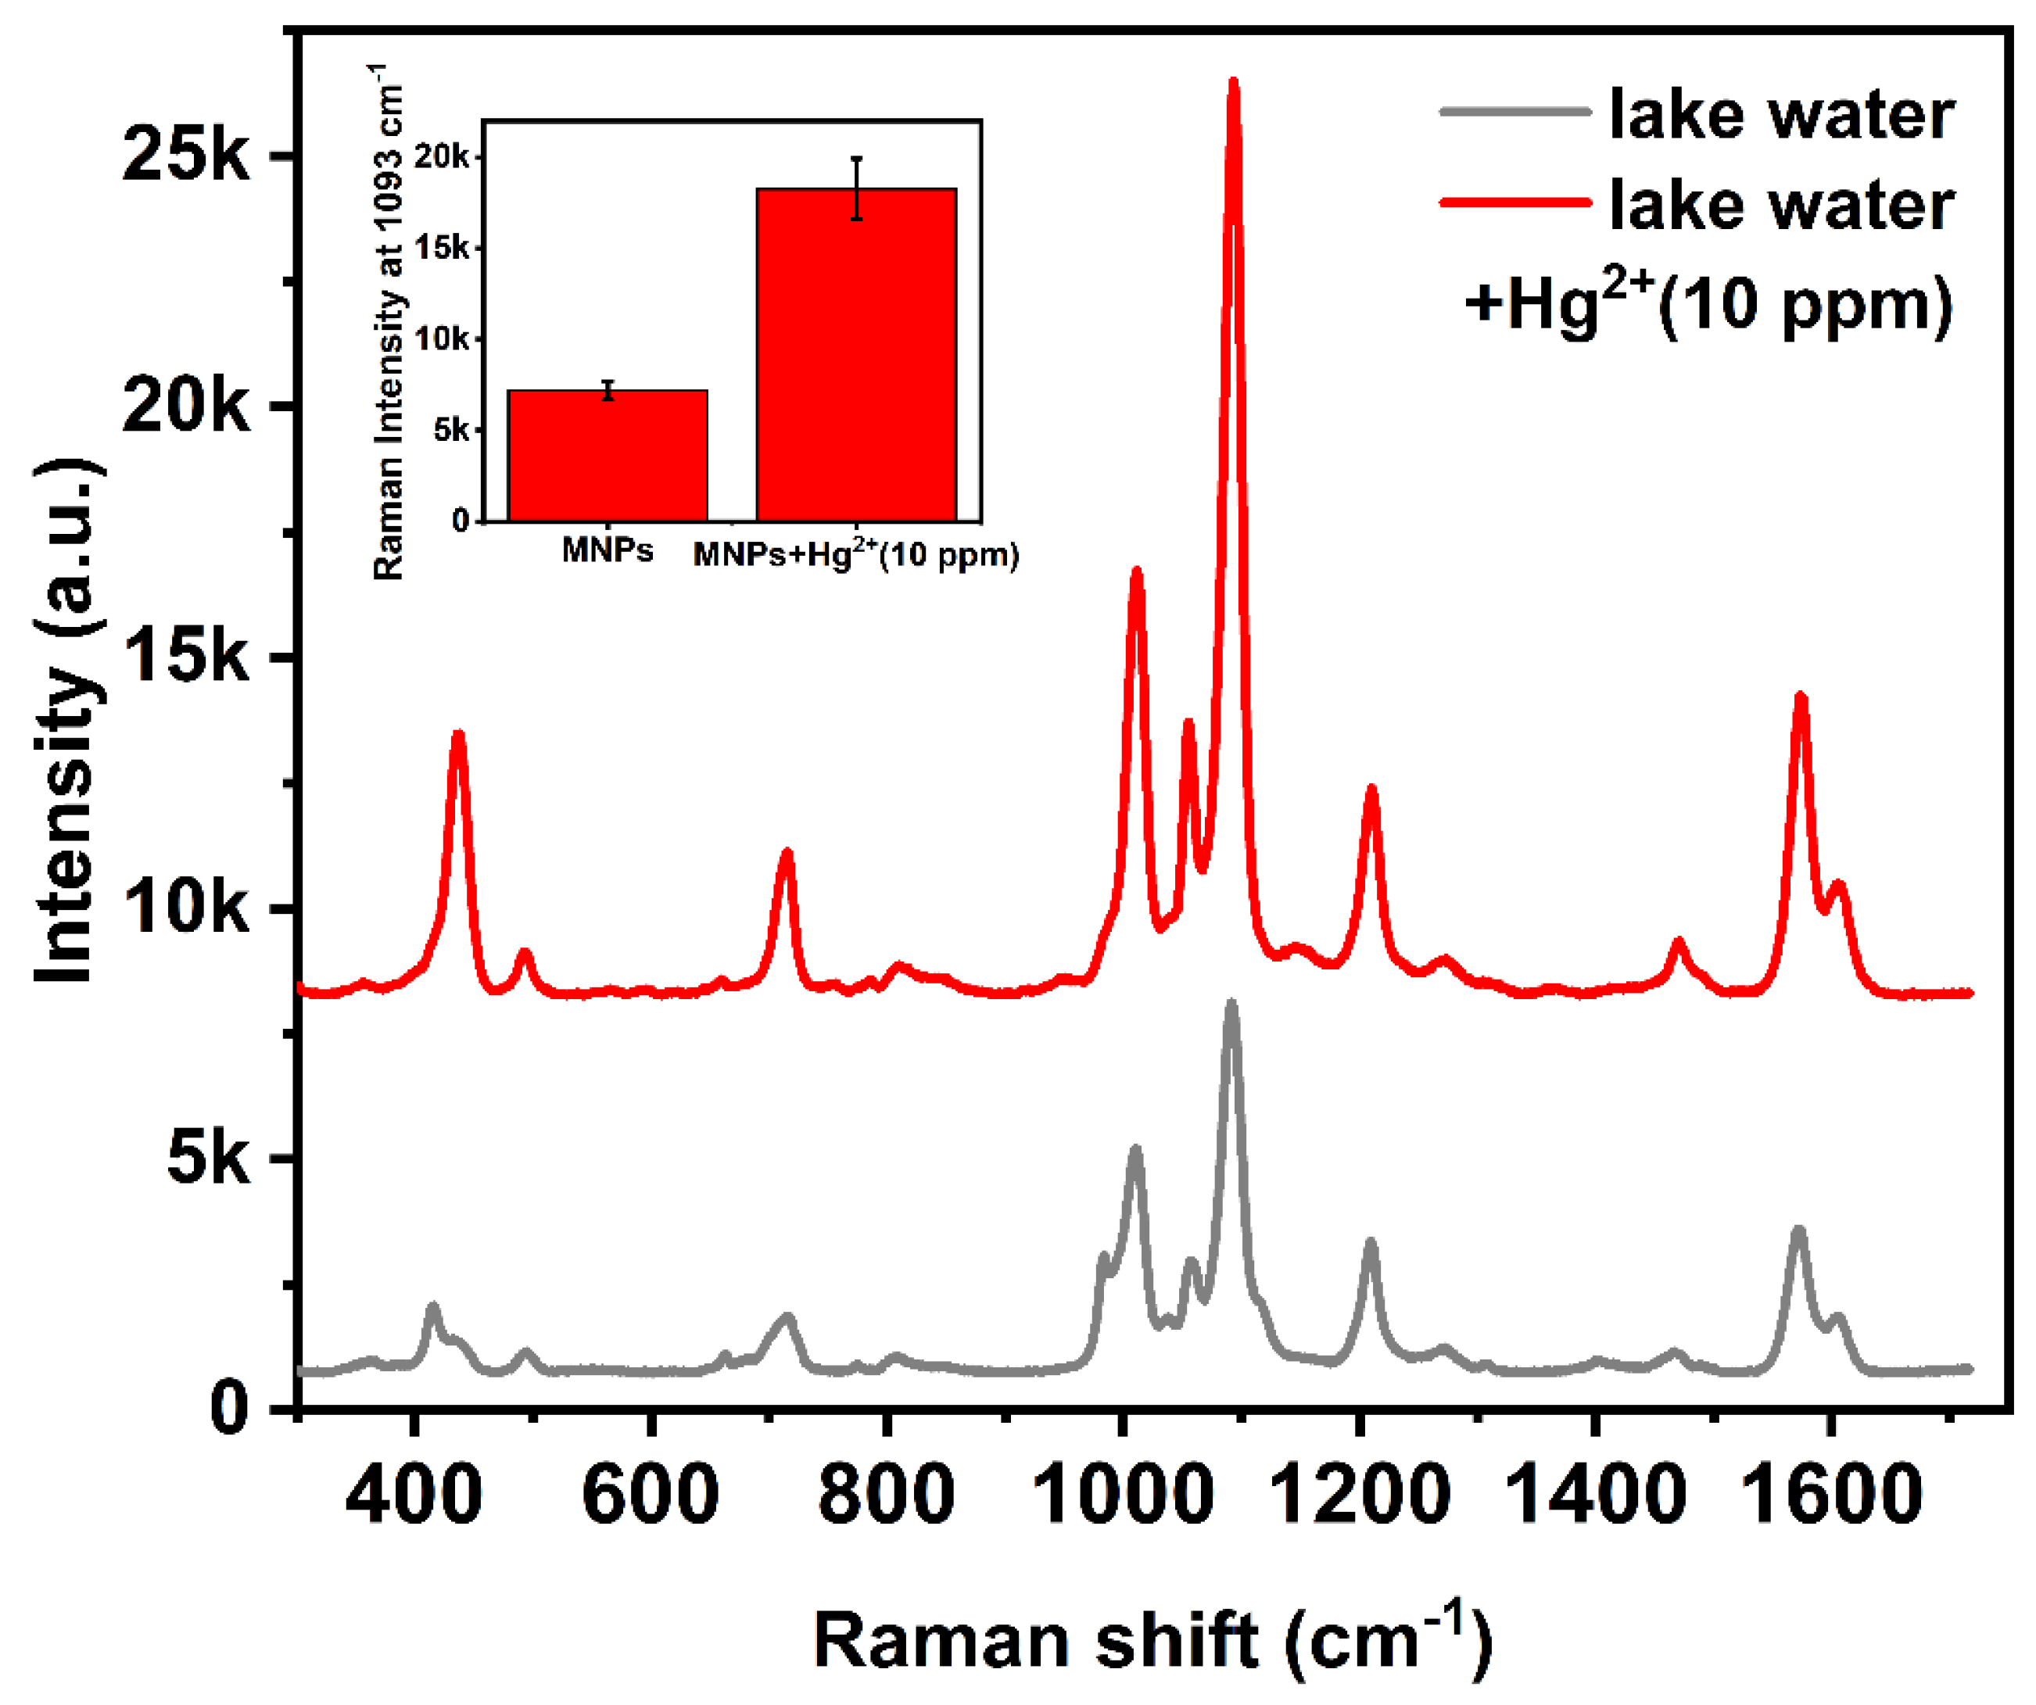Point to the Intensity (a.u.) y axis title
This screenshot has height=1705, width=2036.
coord(68,722)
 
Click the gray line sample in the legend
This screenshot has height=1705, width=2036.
coord(1515,112)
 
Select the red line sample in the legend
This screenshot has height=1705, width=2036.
coord(1515,202)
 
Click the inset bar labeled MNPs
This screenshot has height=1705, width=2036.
coord(608,456)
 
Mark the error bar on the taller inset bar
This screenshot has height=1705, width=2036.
coord(857,188)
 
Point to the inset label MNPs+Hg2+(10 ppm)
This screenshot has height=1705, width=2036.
coord(856,554)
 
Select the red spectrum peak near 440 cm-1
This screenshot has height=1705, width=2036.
coord(459,735)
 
